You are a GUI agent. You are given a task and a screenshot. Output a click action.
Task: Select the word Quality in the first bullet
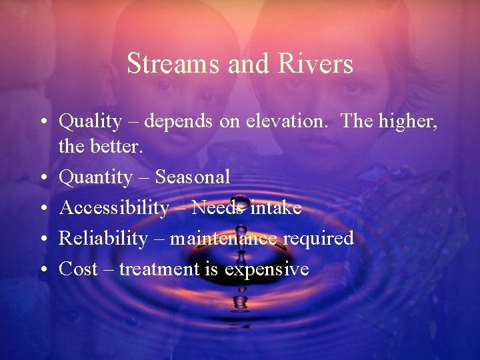[90, 122]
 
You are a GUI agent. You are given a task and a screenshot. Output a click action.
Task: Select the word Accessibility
[114, 208]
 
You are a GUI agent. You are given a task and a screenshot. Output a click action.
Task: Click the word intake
[276, 208]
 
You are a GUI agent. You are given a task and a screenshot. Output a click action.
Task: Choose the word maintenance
[223, 239]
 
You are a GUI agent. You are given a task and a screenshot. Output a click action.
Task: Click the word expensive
[267, 269]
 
